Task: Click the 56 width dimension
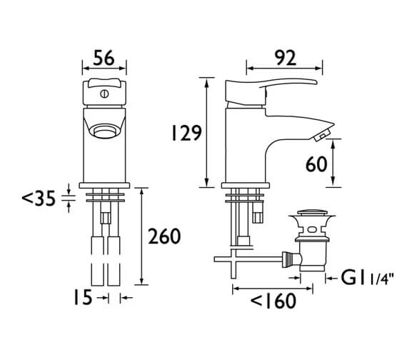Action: point(104,58)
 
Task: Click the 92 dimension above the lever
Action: point(286,58)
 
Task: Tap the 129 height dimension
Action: point(186,133)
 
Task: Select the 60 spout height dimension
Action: point(316,164)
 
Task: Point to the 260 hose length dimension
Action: point(164,236)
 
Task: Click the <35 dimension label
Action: point(39,198)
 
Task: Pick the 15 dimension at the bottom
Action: point(83,297)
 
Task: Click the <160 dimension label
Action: point(273,301)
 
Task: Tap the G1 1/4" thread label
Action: point(367,278)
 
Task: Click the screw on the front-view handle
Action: point(104,94)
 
